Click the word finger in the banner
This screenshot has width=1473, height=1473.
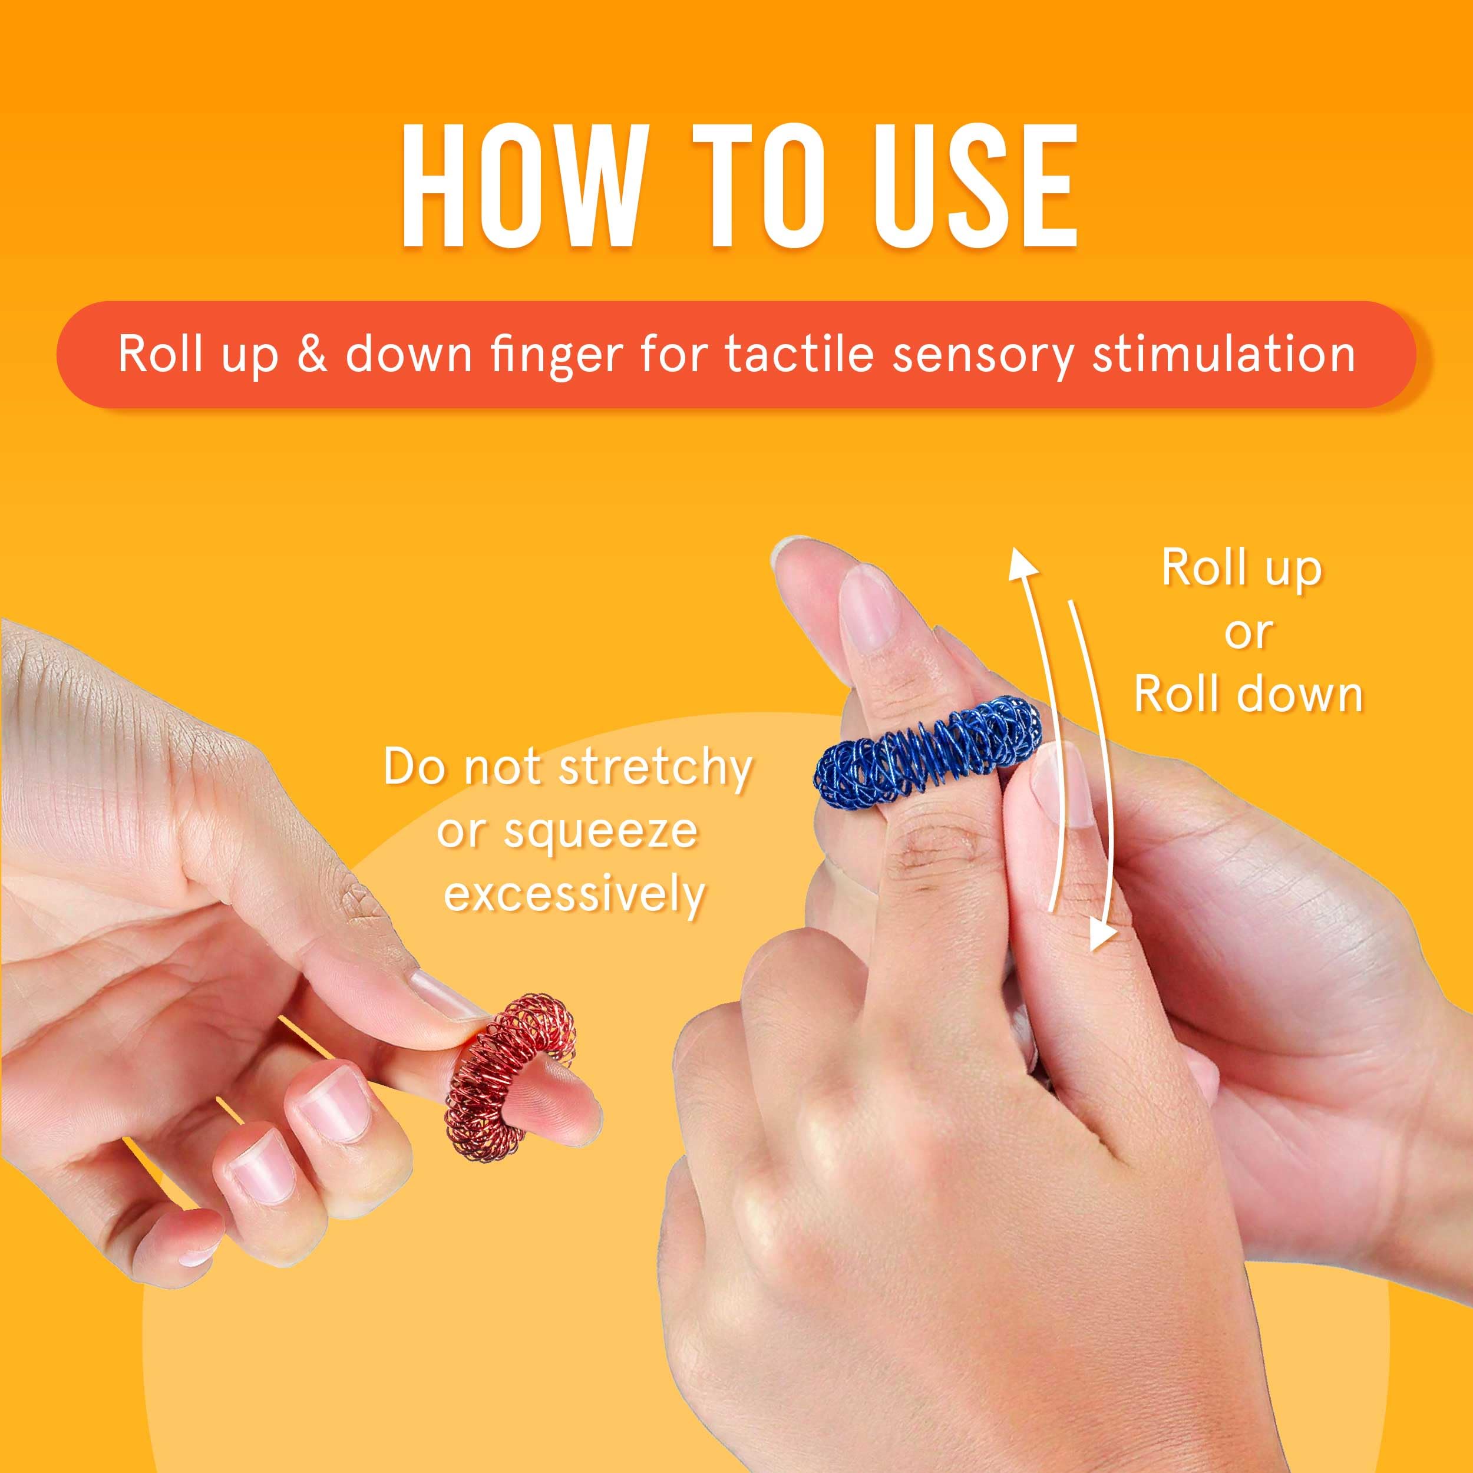tap(560, 355)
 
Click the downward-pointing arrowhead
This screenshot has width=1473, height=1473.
tap(1100, 934)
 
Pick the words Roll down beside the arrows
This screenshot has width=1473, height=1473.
tap(1248, 695)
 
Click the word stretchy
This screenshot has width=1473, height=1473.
tap(656, 768)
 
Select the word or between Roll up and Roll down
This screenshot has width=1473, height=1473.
tap(1248, 632)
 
